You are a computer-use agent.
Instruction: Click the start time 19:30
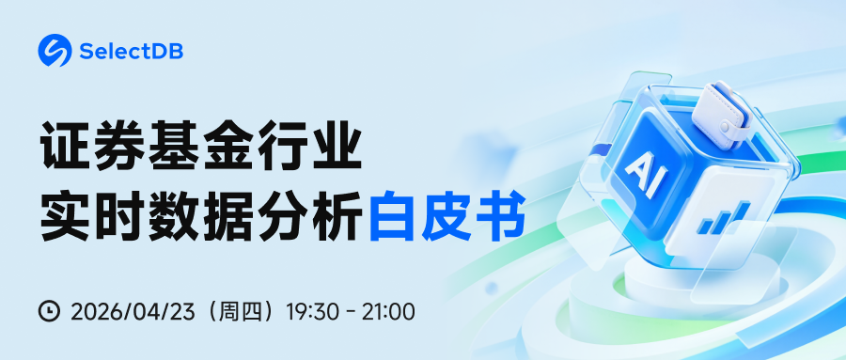(311, 310)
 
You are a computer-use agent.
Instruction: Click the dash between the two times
(349, 311)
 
